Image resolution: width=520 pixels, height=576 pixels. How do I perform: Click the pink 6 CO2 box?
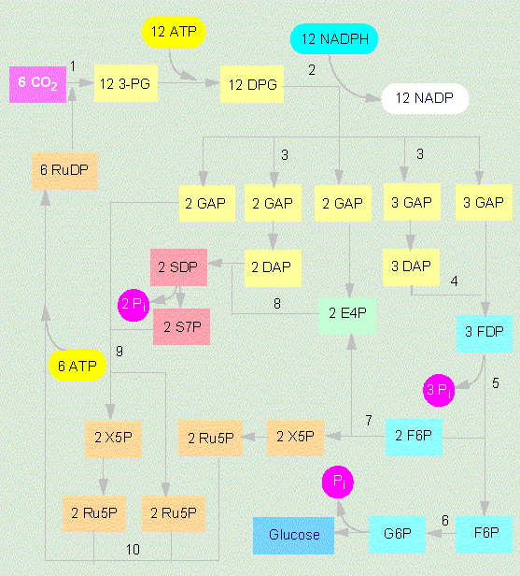tap(37, 84)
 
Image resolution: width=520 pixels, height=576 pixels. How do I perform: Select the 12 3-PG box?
tap(126, 83)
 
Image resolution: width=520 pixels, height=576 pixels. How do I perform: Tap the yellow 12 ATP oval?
tap(174, 32)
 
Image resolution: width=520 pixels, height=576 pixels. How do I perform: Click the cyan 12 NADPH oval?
tap(334, 39)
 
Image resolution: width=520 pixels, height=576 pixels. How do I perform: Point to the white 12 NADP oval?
tap(425, 98)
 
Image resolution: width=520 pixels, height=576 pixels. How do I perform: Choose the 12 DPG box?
tap(252, 84)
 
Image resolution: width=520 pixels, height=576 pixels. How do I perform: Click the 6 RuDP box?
tap(65, 171)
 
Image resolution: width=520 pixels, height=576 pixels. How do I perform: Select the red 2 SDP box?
tap(178, 267)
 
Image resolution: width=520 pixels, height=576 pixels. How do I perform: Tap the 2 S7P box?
tap(181, 326)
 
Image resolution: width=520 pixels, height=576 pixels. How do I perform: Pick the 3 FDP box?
tap(485, 334)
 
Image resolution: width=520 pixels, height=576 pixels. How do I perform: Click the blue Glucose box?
tap(293, 536)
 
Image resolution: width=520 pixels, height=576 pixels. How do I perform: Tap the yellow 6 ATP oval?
tap(77, 366)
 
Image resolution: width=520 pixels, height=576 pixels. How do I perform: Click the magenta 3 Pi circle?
tap(439, 390)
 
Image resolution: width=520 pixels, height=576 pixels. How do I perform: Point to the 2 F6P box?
tap(414, 438)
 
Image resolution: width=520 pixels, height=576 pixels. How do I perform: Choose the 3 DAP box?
tap(411, 267)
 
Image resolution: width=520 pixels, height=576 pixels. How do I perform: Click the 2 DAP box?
tap(273, 268)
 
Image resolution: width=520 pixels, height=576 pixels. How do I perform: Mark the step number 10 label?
tap(133, 550)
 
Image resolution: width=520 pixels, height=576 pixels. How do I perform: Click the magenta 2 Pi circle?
tap(134, 305)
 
